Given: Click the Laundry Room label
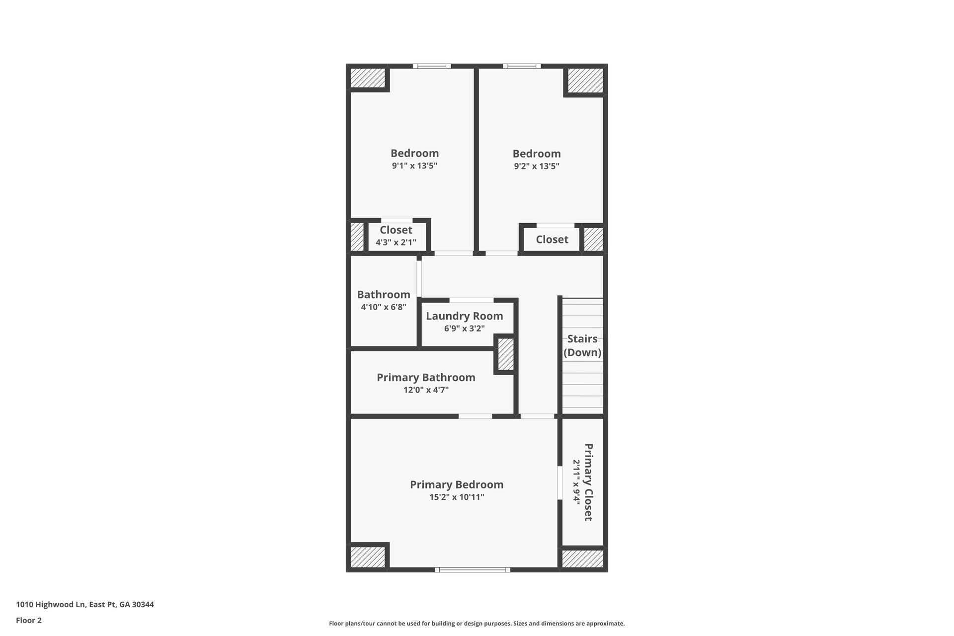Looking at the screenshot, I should (x=464, y=316).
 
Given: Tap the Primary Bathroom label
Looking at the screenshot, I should (x=426, y=378).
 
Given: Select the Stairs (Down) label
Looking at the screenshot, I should (x=582, y=345).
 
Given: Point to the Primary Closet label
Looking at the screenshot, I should (x=588, y=482).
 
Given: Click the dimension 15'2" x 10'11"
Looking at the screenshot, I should (x=457, y=497).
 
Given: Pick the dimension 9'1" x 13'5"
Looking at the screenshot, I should (x=414, y=166).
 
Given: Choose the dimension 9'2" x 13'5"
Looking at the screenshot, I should (x=537, y=166).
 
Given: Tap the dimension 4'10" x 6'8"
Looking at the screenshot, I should (x=383, y=307).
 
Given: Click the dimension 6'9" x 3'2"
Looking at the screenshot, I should (x=464, y=328).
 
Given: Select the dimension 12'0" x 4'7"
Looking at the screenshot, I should (x=426, y=390).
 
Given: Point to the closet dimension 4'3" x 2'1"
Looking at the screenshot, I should (x=396, y=242).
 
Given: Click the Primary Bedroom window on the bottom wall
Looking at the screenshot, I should (x=472, y=570).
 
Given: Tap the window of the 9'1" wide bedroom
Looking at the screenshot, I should (x=431, y=66).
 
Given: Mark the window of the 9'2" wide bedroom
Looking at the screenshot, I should (x=522, y=66).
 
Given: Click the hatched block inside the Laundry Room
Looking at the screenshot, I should (x=505, y=354).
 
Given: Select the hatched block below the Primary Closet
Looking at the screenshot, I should (x=582, y=559).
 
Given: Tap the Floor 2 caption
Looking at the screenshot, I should (x=29, y=620).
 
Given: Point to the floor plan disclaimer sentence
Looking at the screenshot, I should (x=477, y=624).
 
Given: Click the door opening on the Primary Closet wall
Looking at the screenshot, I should (x=559, y=482).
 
